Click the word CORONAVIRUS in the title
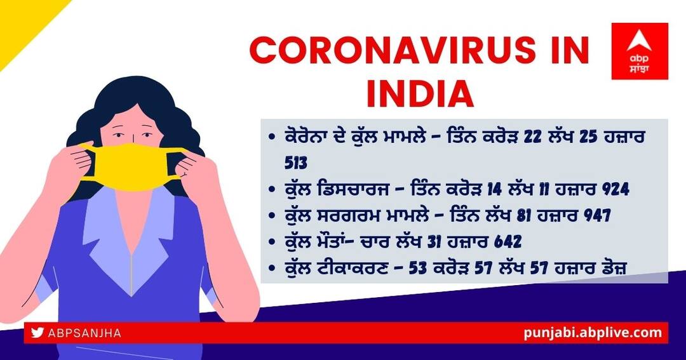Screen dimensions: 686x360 [x=392, y=50]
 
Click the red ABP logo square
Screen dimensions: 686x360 [x=640, y=51]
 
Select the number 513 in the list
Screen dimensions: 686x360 [x=296, y=163]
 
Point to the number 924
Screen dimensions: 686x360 [x=615, y=189]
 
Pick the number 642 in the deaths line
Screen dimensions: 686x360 [x=508, y=241]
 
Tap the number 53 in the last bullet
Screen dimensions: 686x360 [x=418, y=268]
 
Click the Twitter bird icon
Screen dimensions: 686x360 [x=37, y=333]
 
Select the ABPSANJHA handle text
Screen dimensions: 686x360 [x=84, y=333]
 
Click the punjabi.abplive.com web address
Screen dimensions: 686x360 [x=593, y=333]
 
